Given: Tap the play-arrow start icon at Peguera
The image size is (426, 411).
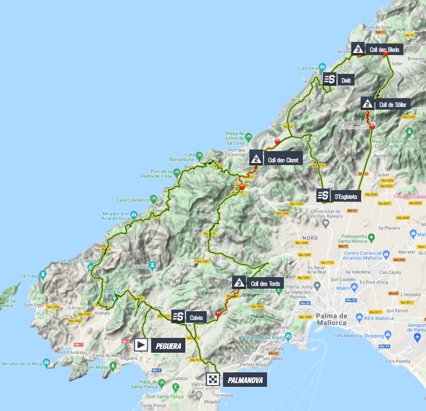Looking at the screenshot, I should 140,345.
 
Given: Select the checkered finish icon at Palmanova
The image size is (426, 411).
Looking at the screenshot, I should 213,379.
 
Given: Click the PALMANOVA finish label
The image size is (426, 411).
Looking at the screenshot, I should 245,380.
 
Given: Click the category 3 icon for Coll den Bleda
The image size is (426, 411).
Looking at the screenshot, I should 358,49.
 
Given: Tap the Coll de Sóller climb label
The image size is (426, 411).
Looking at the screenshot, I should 393,105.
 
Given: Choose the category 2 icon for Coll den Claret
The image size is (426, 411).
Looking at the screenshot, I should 256,158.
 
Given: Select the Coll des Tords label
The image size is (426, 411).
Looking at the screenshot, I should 264,283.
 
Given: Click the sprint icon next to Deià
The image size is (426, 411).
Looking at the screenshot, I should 329,80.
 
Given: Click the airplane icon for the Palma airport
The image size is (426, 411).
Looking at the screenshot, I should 418,337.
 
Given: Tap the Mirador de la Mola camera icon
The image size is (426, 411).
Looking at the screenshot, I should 46,363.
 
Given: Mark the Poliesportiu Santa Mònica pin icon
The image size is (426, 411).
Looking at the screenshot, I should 371,237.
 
